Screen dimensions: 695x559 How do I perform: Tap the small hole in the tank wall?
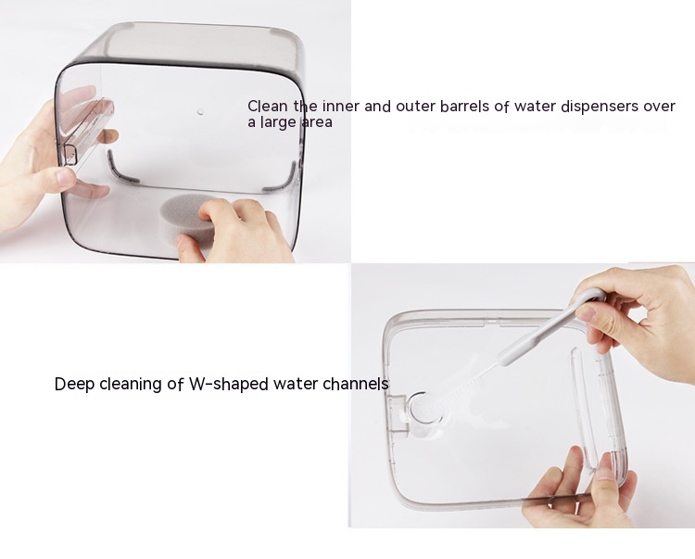coord(200,112)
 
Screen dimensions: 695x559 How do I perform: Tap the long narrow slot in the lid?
coord(583,409)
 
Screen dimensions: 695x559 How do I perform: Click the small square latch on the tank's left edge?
coord(69,153)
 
